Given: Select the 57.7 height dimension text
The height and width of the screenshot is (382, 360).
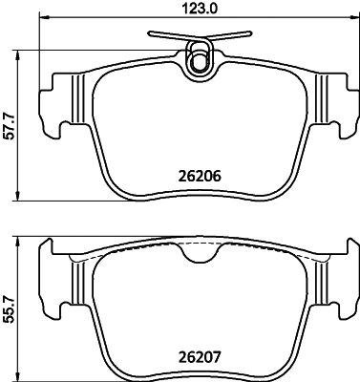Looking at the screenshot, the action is pos(11,126).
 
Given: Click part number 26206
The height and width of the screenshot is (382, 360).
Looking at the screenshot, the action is pos(200,176).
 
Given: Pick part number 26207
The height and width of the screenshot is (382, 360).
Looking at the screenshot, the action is pos(200,358).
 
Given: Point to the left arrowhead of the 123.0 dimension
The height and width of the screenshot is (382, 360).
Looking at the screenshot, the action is pos(42,16).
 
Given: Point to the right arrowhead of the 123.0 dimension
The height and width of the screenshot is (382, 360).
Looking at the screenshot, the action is pos(355,16).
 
